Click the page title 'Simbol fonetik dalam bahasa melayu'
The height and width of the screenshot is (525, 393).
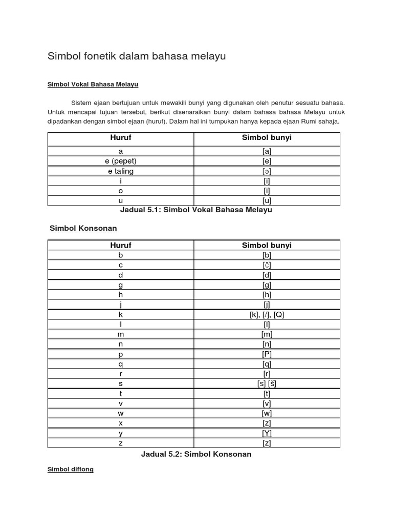137,56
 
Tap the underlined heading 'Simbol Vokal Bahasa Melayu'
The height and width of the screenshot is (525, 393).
93,84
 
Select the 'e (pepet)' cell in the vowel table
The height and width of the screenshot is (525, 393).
121,161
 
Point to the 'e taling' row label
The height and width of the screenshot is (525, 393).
121,171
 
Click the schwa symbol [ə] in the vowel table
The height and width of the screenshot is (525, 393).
267,171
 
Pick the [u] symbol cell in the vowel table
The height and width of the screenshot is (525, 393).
267,200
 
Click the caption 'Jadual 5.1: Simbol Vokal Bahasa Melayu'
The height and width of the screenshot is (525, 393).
196,210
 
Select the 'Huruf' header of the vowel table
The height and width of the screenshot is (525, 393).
121,138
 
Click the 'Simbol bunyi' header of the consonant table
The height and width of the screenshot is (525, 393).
267,245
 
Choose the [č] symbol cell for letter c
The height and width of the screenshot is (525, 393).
267,265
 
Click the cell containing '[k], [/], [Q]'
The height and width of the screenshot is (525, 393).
267,315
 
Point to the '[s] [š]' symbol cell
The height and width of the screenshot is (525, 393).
267,383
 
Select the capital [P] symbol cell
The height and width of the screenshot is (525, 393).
267,354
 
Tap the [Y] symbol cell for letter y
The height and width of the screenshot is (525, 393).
267,433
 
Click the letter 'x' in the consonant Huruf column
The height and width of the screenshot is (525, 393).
121,423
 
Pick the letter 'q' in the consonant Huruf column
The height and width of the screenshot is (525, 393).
121,364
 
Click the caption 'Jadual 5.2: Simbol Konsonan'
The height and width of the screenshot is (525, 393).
196,454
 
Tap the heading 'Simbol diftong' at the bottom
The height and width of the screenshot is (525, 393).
71,469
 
